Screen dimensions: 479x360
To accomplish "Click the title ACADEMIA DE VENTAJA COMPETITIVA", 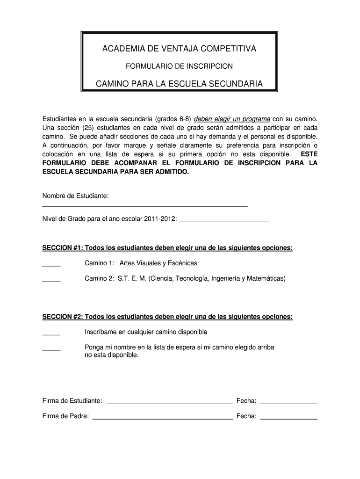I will [179, 49].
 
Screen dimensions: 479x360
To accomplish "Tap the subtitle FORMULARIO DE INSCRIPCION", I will [179, 66].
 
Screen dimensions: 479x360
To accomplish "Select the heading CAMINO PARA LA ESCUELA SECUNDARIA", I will [179, 84].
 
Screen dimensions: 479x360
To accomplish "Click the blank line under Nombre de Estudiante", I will [145, 205].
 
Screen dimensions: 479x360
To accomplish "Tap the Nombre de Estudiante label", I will [75, 195].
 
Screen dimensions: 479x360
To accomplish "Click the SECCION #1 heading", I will [167, 247].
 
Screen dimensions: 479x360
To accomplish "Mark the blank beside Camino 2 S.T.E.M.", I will [51, 281].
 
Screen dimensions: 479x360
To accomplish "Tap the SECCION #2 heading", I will [167, 317].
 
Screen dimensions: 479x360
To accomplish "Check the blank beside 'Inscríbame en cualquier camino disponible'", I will [51, 334].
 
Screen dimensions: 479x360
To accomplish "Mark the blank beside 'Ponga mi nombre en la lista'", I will [51, 349].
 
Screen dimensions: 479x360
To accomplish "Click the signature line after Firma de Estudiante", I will [169, 402].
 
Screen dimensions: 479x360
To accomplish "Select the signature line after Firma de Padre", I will [163, 418].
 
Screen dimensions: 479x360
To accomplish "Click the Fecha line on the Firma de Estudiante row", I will [288, 402].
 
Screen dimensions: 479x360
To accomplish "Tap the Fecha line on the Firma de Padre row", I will [288, 418].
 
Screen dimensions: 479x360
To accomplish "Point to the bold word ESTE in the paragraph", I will [309, 154].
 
